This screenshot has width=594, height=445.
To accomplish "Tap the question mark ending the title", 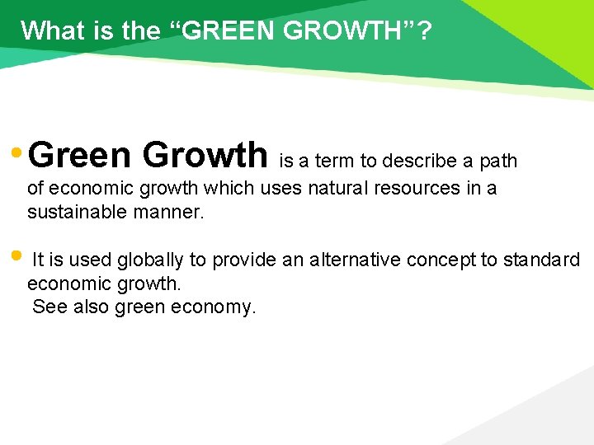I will click(423, 30).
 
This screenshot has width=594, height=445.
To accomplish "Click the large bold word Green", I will click(83, 154).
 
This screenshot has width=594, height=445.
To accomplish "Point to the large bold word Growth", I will click(205, 154).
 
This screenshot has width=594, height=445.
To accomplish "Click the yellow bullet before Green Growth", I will click(17, 153).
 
